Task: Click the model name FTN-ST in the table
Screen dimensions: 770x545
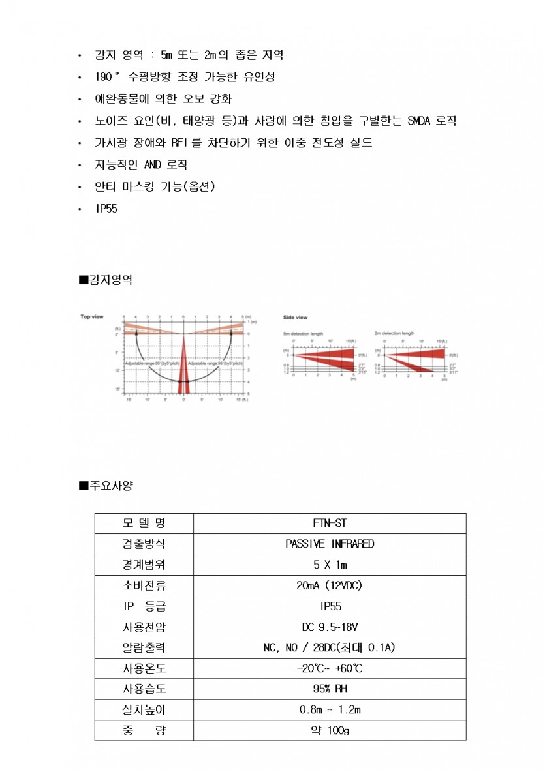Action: [x=330, y=523]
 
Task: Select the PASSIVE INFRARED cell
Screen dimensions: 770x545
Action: [x=330, y=544]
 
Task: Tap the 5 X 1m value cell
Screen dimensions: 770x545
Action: [x=330, y=565]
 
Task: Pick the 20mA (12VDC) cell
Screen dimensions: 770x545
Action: [x=330, y=585]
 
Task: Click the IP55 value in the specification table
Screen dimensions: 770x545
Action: [x=330, y=606]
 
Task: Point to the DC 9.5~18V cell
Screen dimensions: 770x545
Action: [x=330, y=627]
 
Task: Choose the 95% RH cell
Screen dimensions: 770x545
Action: [x=330, y=689]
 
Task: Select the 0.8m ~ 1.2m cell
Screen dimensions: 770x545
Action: [x=330, y=709]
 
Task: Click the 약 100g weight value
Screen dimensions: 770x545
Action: [x=330, y=730]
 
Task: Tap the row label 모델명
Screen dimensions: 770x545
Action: [x=144, y=523]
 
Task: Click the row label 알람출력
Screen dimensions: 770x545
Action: [x=144, y=648]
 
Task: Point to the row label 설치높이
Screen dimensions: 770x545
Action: [x=144, y=709]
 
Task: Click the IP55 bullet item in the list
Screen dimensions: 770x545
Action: [x=106, y=209]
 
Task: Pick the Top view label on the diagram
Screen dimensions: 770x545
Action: [x=92, y=317]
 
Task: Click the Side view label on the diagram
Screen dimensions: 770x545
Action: [x=295, y=318]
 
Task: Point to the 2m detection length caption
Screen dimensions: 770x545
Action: [x=394, y=333]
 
